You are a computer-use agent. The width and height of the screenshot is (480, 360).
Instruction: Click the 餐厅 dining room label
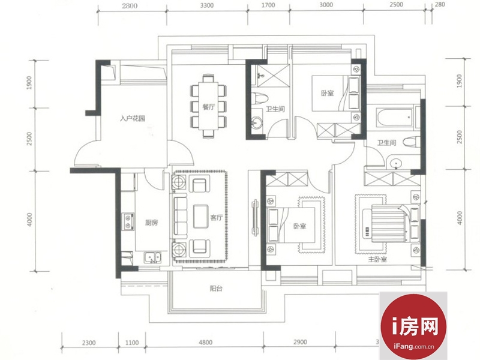[208, 107]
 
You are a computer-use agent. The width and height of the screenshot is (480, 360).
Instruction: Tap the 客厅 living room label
[216, 218]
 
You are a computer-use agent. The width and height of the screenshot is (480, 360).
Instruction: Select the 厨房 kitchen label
[152, 223]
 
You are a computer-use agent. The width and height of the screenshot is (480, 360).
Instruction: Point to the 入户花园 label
[132, 118]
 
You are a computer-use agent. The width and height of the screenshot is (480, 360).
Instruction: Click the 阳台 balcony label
[216, 288]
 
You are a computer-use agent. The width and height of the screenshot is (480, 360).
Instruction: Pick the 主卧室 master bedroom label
[377, 259]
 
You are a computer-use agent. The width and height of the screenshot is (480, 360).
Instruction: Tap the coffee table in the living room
[201, 216]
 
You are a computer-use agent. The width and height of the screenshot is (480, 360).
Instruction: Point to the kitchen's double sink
[152, 257]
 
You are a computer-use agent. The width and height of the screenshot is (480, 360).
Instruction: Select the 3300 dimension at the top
[207, 5]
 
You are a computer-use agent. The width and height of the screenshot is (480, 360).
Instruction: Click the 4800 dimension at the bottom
[205, 342]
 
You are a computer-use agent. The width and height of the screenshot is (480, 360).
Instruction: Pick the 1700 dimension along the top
[268, 5]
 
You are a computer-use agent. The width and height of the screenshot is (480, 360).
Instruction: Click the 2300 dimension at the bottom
[89, 343]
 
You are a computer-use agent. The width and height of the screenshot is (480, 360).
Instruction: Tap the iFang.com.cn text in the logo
[414, 347]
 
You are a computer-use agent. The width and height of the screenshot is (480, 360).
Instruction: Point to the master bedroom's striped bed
[388, 223]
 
